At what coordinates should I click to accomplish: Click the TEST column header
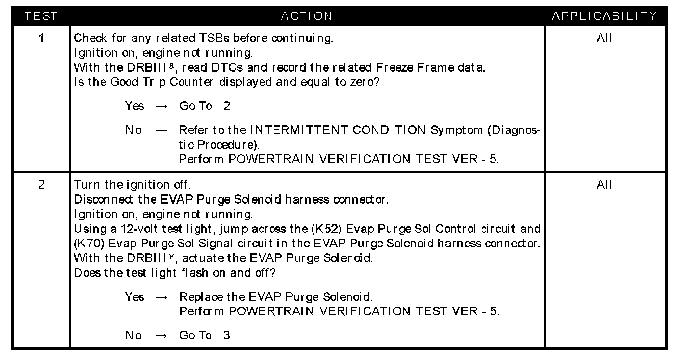click(x=41, y=16)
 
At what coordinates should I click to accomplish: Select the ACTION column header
click(x=307, y=16)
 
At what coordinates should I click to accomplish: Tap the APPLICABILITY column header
click(x=604, y=16)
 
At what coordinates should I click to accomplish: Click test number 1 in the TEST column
click(x=41, y=38)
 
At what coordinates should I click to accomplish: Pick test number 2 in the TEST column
click(x=41, y=185)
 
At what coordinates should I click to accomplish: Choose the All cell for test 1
click(x=604, y=38)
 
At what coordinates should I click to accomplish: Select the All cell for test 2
click(x=604, y=185)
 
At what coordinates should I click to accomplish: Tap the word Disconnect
click(x=98, y=199)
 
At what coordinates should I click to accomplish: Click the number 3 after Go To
click(x=226, y=335)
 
